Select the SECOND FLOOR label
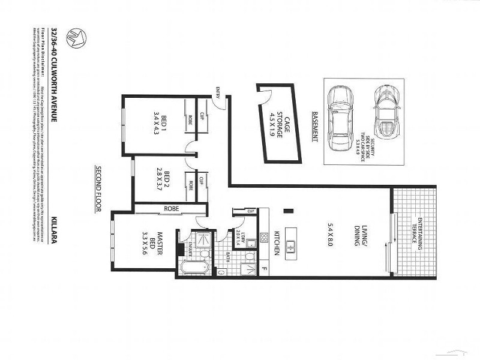click(97, 187)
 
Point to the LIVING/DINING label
click(327, 231)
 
